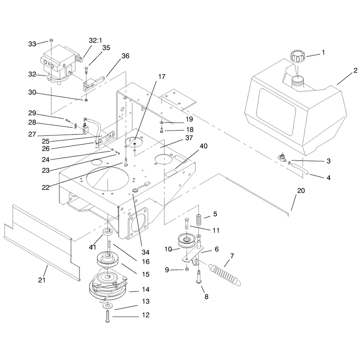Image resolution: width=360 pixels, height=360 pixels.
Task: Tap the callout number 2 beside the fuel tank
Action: [x=355, y=71]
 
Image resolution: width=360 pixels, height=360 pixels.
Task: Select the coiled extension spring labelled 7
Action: [x=224, y=275]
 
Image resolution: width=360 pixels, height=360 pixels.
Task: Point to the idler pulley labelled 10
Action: [x=187, y=243]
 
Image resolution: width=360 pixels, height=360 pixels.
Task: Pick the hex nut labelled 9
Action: [x=187, y=269]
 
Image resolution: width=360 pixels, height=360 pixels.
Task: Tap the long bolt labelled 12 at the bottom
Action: [x=108, y=316]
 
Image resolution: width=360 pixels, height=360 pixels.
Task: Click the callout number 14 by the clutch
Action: [x=146, y=289]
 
